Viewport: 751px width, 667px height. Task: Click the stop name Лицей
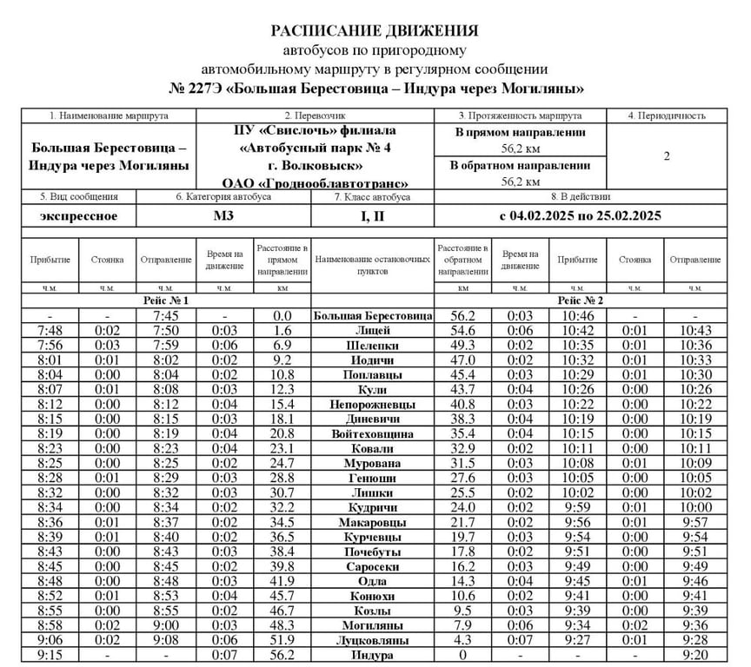point(373,331)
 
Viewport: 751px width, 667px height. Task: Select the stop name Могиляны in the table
point(373,625)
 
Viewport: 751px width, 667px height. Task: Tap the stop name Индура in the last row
point(373,655)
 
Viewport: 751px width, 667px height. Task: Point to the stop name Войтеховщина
point(373,434)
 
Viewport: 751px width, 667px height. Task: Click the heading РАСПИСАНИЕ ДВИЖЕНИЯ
point(375,31)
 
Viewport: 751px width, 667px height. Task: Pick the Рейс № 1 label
point(166,300)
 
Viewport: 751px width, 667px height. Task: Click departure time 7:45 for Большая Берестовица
point(166,316)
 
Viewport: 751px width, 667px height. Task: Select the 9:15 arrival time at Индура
point(49,655)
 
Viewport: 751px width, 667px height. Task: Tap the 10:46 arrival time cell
point(578,316)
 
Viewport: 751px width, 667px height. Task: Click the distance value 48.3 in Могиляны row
point(282,625)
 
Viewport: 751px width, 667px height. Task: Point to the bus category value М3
point(224,215)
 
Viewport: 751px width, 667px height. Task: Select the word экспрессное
point(79,215)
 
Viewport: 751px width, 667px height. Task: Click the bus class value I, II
point(373,215)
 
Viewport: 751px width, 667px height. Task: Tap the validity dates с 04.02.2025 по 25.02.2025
point(581,215)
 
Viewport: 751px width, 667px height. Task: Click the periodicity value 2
point(668,157)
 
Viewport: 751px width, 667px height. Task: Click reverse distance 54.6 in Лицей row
point(462,331)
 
